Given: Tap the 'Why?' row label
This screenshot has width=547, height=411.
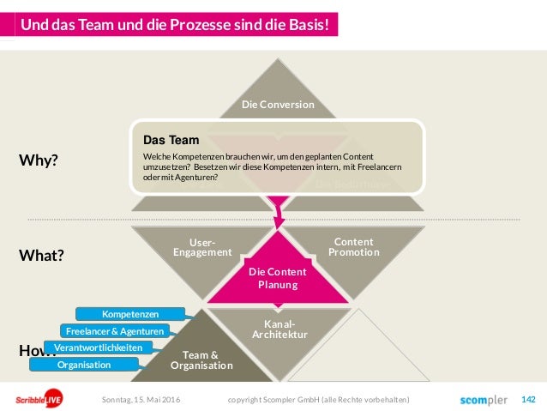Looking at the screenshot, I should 39,160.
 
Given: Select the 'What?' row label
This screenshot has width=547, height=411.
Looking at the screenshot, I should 42,256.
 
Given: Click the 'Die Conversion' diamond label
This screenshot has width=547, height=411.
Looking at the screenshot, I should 277,105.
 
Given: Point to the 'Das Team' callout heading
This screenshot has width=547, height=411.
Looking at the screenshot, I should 171,139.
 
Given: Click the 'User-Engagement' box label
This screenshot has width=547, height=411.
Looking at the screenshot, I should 202,247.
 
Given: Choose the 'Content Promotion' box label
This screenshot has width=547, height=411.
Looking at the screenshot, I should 353,247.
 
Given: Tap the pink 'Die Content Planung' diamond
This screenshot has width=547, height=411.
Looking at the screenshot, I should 277,278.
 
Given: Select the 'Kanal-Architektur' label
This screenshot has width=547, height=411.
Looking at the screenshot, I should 274,329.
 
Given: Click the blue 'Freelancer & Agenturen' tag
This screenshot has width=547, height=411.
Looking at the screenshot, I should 114,331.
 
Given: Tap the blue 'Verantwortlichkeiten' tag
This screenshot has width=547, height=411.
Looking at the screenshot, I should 99,348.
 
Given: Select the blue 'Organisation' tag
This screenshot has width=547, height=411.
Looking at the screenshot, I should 83,365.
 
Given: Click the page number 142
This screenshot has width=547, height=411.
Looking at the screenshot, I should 528,400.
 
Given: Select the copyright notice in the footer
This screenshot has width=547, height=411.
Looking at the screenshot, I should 318,400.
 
